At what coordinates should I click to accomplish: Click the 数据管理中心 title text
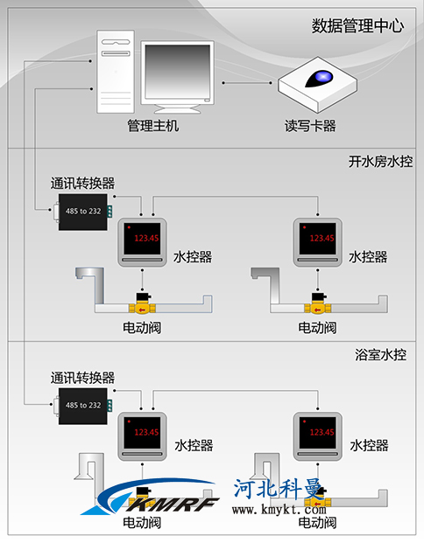pos(357,26)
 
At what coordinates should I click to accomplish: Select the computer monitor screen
pos(177,72)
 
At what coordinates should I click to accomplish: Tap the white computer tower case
pos(116,72)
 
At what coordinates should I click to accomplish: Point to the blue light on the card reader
pos(323,77)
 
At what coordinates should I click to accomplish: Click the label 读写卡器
pos(310,126)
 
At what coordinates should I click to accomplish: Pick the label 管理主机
pos(153,125)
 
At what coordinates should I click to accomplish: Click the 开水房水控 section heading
pos(380,162)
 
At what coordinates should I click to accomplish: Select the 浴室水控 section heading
pos(380,355)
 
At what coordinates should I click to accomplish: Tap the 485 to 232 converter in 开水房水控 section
pos(83,212)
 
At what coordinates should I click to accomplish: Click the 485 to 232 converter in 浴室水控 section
pos(83,406)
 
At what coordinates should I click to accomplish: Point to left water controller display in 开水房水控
pos(142,238)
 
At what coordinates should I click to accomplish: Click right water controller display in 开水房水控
pos(318,238)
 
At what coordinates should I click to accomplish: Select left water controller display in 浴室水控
pos(142,432)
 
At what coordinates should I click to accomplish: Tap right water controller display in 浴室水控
pos(318,432)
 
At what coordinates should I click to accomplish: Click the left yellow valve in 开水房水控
pos(142,304)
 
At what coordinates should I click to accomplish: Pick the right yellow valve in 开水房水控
pos(318,304)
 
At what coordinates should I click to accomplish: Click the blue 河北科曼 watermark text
pos(279,489)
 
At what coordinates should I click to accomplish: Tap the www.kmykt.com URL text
pos(279,510)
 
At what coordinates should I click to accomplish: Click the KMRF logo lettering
pos(173,504)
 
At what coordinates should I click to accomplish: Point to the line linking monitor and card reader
pos(247,83)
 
